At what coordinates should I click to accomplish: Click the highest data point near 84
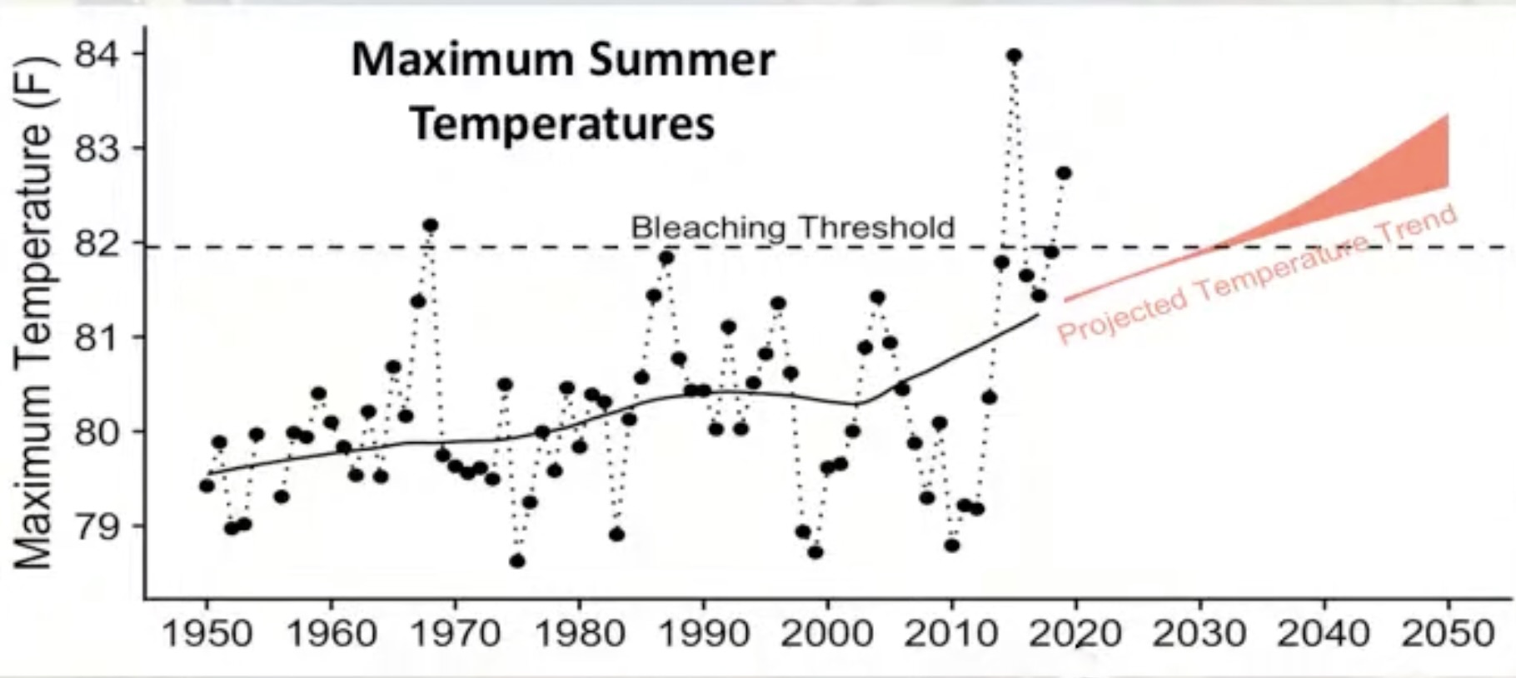1014,57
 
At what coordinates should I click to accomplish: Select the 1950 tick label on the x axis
207,635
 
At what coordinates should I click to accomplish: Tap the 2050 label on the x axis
1448,635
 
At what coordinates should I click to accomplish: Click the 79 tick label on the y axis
97,526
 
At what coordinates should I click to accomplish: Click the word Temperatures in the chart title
562,123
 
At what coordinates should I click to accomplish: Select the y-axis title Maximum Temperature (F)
33,313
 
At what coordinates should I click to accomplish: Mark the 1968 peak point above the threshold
431,226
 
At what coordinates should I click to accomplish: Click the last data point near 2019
1064,173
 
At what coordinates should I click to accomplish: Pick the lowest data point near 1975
517,561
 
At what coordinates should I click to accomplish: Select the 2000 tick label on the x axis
827,635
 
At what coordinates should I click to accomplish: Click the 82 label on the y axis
97,244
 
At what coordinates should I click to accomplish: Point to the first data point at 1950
207,486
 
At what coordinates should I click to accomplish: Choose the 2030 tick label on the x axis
1199,635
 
